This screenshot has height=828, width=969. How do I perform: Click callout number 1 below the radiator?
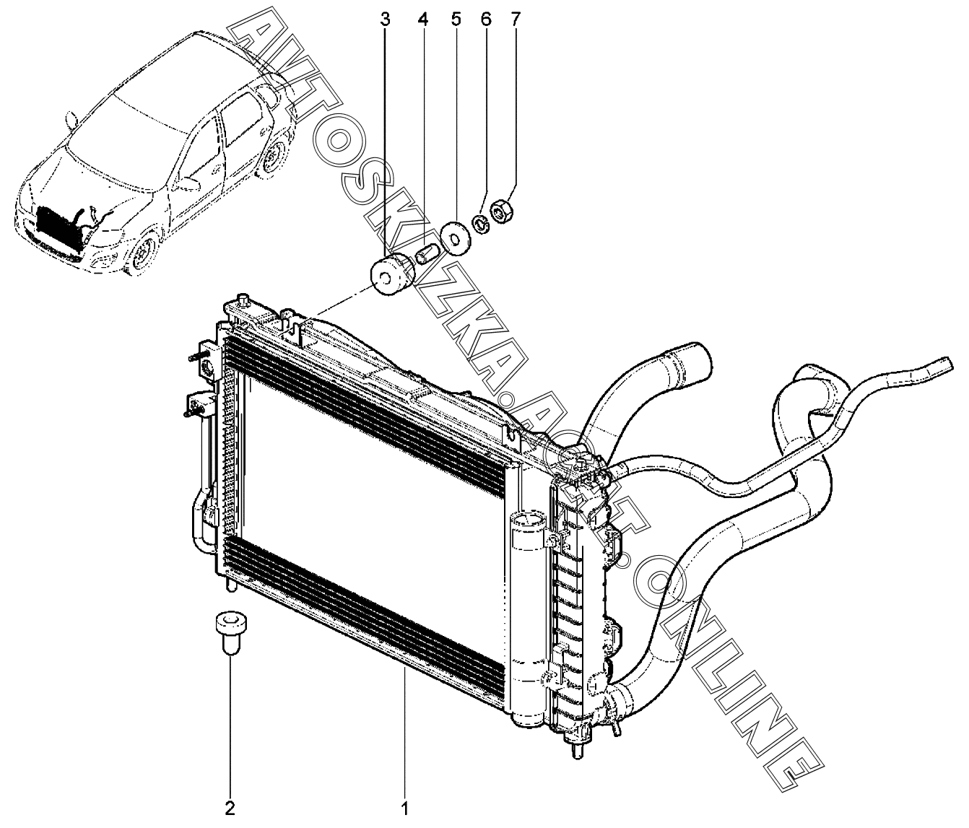(x=404, y=807)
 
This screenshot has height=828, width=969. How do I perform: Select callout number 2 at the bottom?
(x=230, y=807)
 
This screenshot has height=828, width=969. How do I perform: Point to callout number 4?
(x=422, y=19)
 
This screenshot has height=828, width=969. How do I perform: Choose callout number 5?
(x=456, y=19)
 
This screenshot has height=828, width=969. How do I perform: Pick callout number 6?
(x=485, y=19)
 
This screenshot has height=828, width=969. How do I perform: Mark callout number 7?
(x=514, y=19)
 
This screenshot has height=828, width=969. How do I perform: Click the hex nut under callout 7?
(x=500, y=212)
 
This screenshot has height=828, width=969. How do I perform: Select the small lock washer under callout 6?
(x=479, y=222)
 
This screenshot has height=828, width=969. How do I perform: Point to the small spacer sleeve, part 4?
(x=425, y=256)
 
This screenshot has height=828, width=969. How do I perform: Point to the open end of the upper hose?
(x=696, y=358)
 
